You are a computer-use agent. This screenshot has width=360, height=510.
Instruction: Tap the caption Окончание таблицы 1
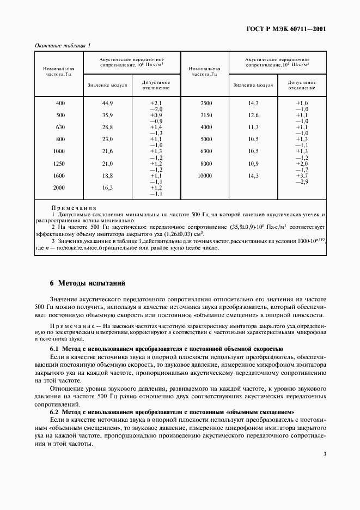pyautogui.click(x=63, y=45)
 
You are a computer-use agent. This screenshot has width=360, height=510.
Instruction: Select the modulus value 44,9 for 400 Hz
pyautogui.click(x=107, y=104)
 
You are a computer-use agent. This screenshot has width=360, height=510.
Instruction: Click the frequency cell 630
pyautogui.click(x=60, y=127)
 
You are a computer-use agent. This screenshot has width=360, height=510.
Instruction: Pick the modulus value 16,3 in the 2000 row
pyautogui.click(x=107, y=187)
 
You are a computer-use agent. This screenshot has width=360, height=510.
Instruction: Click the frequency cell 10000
pyautogui.click(x=205, y=175)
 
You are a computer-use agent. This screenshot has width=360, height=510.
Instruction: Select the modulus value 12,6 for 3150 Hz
pyautogui.click(x=253, y=116)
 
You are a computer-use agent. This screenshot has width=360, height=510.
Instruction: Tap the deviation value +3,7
pyautogui.click(x=302, y=175)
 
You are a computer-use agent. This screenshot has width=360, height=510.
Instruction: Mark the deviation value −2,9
pyautogui.click(x=302, y=181)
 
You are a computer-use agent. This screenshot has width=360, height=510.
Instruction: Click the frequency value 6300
pyautogui.click(x=206, y=151)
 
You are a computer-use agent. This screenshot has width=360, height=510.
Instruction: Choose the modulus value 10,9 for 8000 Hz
pyautogui.click(x=253, y=163)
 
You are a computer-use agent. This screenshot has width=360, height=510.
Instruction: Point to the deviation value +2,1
pyautogui.click(x=156, y=104)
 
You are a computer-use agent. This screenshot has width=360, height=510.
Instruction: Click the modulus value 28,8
pyautogui.click(x=107, y=127)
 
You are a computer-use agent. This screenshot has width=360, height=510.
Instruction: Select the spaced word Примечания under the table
pyautogui.click(x=74, y=208)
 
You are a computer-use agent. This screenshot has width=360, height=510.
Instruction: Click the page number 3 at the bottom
pyautogui.click(x=324, y=454)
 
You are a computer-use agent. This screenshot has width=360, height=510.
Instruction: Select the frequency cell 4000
pyautogui.click(x=206, y=127)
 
